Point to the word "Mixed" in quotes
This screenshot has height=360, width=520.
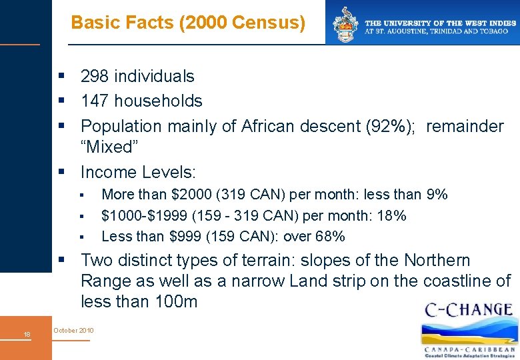(x=107, y=147)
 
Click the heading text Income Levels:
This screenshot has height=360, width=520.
(x=138, y=172)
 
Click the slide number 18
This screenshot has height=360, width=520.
(x=26, y=334)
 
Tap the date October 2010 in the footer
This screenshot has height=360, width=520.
(x=73, y=331)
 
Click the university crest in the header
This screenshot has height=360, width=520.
(x=346, y=25)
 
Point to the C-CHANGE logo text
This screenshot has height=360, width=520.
(x=469, y=310)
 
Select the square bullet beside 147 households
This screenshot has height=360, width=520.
(x=62, y=101)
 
